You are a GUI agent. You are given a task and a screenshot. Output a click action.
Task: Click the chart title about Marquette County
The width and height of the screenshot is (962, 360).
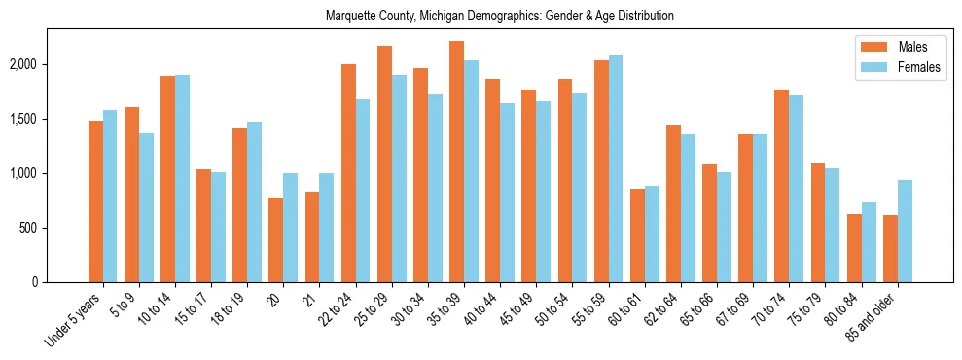tap(499, 17)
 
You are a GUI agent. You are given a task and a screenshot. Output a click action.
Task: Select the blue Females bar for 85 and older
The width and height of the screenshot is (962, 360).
tap(905, 231)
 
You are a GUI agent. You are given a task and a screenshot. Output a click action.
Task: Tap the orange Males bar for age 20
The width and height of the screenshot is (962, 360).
tap(276, 239)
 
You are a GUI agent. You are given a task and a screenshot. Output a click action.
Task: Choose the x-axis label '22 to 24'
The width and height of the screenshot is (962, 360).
tap(336, 310)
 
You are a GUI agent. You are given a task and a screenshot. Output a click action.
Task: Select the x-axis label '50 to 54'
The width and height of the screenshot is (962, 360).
tap(552, 310)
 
